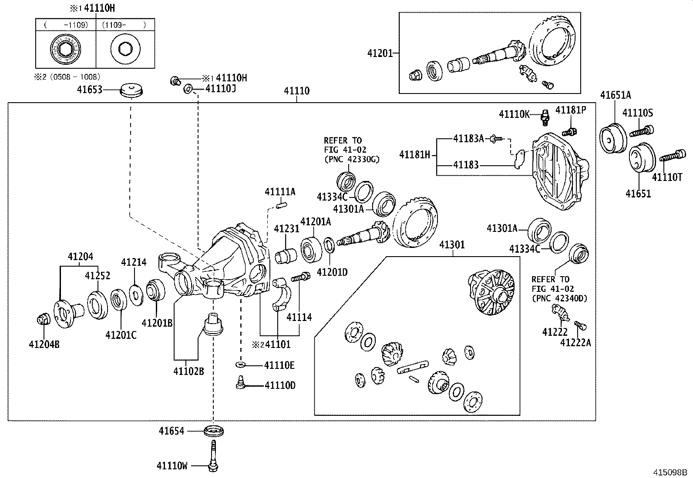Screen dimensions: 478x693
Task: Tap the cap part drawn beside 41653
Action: [132, 90]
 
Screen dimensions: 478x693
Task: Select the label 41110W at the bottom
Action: [172, 466]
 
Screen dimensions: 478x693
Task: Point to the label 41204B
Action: [44, 345]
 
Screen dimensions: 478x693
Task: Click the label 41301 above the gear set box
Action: [452, 245]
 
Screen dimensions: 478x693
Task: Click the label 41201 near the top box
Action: [380, 53]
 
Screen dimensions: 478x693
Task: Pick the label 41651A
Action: [616, 95]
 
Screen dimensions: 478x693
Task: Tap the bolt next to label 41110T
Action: [673, 156]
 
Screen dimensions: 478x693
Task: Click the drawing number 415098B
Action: [669, 472]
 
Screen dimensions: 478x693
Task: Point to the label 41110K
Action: [514, 114]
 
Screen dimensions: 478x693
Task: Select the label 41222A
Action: [575, 343]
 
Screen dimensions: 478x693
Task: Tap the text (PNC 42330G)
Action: [352, 159]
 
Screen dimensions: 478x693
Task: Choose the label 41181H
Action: [415, 154]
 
